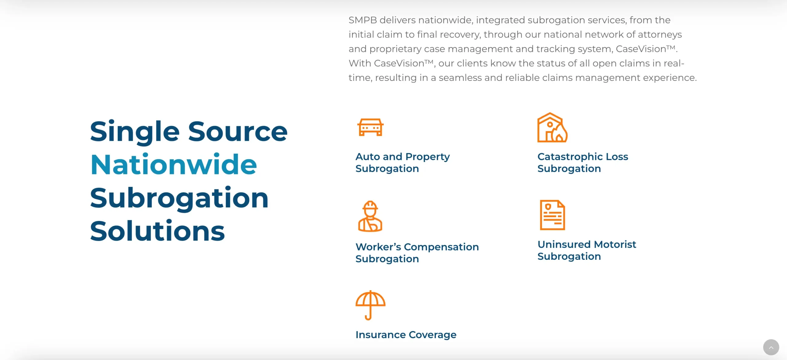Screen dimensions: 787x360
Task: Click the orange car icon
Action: click(x=370, y=127)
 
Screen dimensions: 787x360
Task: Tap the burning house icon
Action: click(x=552, y=127)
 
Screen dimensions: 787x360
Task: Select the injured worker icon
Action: click(x=370, y=216)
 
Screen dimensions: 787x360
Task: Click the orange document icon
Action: click(x=552, y=215)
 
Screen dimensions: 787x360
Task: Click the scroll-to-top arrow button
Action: click(x=771, y=347)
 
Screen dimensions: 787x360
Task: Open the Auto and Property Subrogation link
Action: click(x=402, y=163)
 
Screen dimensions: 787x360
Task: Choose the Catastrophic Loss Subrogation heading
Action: click(x=583, y=163)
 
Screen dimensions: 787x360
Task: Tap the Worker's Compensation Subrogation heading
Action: click(x=417, y=253)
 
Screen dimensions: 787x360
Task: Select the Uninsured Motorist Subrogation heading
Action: click(x=587, y=250)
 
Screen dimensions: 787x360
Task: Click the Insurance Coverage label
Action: click(x=406, y=334)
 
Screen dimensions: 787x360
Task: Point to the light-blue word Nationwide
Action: click(x=174, y=165)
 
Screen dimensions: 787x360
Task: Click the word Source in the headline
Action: click(x=238, y=132)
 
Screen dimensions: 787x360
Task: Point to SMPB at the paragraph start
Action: click(x=363, y=20)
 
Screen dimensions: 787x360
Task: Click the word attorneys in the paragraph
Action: click(x=660, y=35)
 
